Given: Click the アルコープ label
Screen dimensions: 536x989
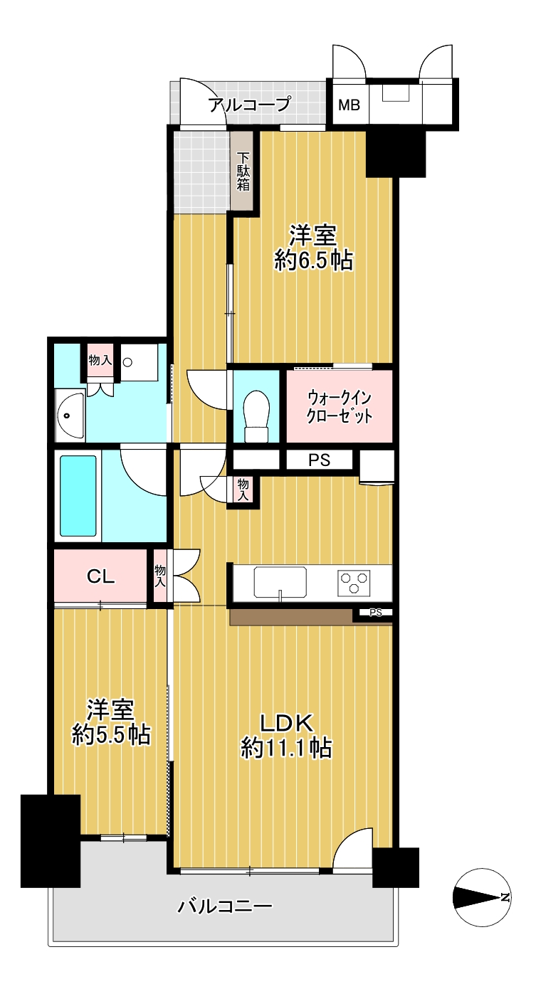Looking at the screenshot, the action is point(250,105).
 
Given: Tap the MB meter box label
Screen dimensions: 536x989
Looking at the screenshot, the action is point(349,105).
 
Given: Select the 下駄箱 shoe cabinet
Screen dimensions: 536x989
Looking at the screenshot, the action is point(243,171).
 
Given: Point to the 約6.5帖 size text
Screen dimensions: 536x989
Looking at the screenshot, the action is point(313,260).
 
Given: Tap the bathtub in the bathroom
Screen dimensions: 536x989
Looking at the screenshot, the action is point(78,495).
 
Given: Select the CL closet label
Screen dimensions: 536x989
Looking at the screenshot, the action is point(101,576).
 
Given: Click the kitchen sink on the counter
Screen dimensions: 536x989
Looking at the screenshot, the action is point(280,581).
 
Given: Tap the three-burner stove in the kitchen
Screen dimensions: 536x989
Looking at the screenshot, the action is point(354,582).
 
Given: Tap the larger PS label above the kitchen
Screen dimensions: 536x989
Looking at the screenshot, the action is point(319,460).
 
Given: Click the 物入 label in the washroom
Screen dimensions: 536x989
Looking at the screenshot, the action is point(100,360).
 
